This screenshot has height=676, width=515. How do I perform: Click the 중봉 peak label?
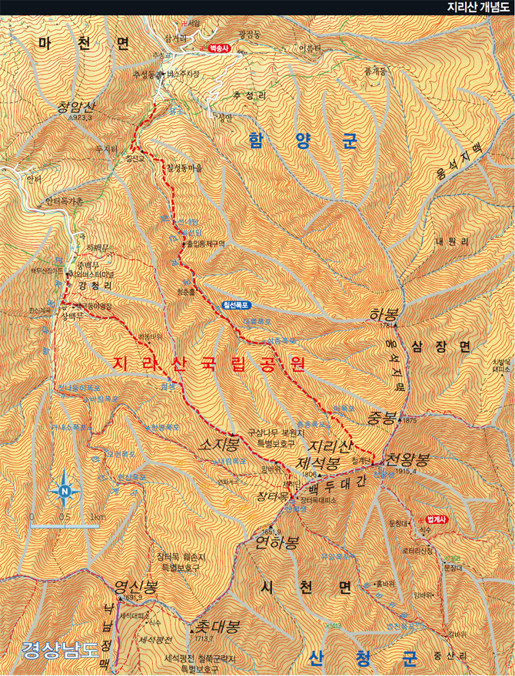pos(381,419)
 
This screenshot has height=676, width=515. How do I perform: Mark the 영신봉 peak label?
pos(136,588)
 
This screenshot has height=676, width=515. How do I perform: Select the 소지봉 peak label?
pos(220,445)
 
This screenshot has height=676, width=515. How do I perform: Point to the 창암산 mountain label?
pos(75,108)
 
